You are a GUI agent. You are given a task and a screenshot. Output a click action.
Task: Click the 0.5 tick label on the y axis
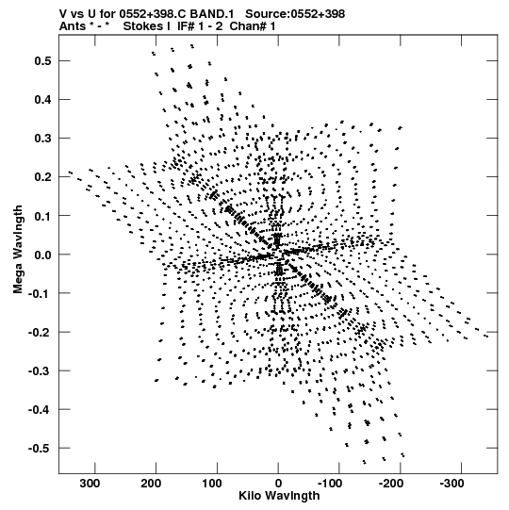[43, 61]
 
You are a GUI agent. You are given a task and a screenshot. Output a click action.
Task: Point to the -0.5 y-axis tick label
[40, 449]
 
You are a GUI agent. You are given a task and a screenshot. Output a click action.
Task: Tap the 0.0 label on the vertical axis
[43, 255]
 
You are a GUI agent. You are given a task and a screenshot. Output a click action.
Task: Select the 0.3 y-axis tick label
[43, 139]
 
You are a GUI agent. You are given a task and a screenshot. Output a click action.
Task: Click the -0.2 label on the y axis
[40, 333]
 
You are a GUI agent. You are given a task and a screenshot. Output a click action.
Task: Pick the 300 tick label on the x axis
[90, 484]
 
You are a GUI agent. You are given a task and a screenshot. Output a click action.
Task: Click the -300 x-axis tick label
[452, 484]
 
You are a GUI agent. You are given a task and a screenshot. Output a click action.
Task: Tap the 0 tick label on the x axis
[278, 484]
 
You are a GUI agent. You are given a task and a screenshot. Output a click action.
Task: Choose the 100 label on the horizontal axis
[212, 484]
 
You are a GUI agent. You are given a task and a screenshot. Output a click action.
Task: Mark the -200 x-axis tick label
[391, 484]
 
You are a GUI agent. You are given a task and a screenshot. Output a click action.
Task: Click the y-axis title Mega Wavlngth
[18, 250]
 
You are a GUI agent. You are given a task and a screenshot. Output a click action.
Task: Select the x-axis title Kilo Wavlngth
[279, 496]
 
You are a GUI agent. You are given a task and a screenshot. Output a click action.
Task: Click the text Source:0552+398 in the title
[295, 14]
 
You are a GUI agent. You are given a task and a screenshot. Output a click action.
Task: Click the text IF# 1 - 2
[200, 26]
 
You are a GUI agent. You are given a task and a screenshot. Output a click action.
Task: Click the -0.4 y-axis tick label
[40, 410]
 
